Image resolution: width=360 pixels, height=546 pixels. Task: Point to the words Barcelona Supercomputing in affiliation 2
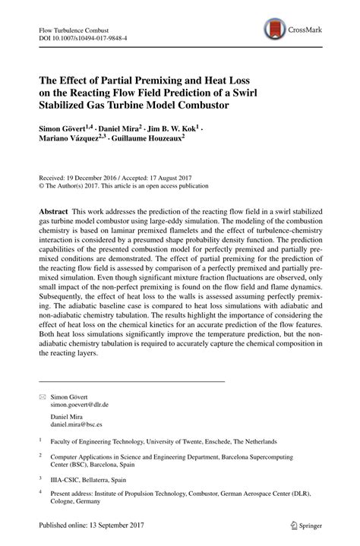click(276, 456)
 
